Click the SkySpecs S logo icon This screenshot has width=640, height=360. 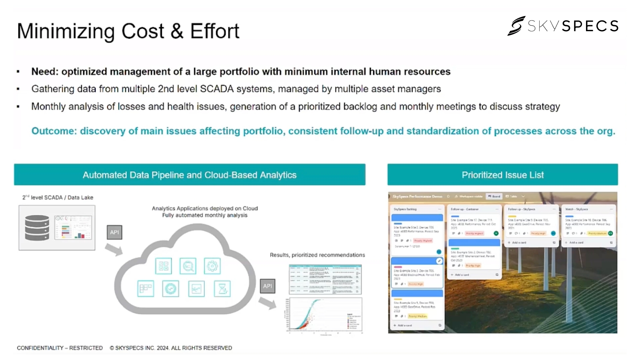point(516,26)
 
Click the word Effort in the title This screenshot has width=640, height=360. point(214,31)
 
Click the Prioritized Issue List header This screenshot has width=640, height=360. point(502,175)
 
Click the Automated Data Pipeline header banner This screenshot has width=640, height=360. point(190,175)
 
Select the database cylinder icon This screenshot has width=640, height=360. point(37,228)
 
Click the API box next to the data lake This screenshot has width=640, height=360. point(114,232)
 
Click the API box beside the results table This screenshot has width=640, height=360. point(268,286)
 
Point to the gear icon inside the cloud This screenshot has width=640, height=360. point(212,266)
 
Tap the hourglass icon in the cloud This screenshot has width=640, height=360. point(222,289)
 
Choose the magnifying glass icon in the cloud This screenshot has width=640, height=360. point(188,266)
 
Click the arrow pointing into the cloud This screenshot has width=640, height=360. point(114,250)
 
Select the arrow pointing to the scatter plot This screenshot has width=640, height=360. point(267,303)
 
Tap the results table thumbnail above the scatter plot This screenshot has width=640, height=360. point(325,279)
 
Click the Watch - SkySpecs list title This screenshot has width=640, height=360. point(576,209)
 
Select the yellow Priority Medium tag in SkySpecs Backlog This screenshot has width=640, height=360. point(418,316)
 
